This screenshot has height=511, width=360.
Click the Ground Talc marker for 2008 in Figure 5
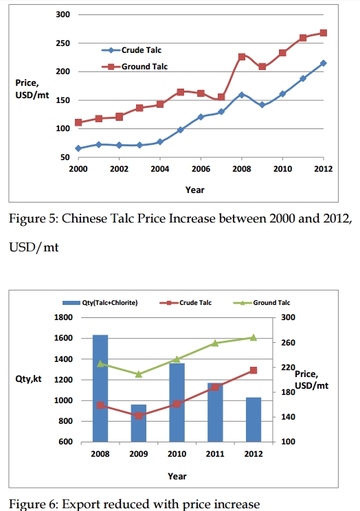point(242,57)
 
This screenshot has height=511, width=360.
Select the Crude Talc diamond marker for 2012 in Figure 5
point(323,63)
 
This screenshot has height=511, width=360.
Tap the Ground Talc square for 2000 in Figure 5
point(78,122)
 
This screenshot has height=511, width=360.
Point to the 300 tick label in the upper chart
point(63,14)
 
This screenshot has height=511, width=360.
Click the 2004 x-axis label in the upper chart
point(160,169)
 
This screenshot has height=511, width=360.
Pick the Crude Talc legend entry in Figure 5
point(132,50)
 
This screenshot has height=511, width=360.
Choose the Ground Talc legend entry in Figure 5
point(135,67)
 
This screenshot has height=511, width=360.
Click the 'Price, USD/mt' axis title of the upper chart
point(32,89)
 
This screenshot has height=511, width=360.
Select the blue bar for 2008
point(100,388)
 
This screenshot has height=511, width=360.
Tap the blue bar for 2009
point(139,423)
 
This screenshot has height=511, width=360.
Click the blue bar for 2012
point(254,420)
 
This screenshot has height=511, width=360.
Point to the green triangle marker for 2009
point(139,374)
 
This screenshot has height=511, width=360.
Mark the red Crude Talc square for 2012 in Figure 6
point(254,370)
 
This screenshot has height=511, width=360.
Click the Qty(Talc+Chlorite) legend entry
point(100,303)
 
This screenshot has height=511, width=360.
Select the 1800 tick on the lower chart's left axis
point(63,317)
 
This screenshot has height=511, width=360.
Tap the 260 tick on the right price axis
point(289,343)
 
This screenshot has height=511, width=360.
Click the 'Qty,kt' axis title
point(28,379)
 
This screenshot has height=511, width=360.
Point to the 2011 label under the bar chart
point(215,454)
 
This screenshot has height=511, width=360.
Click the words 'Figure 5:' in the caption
point(32,218)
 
